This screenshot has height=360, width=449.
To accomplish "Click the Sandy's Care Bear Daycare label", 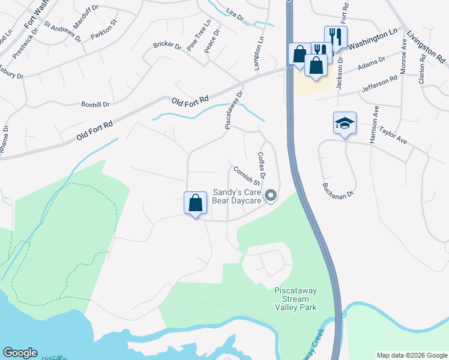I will pos(237,197).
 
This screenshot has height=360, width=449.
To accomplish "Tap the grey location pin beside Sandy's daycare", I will pos(271,196).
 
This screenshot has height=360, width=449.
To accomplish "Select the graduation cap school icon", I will pos(345,123).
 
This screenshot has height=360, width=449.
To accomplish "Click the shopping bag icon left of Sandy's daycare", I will pos(195,202).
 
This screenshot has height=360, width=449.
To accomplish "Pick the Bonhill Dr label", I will pos(95,104).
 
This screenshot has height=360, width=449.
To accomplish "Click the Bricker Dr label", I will pos(167,44).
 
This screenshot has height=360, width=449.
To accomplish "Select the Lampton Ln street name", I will pos(260,55).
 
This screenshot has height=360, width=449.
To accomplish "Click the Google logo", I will pos(20,353).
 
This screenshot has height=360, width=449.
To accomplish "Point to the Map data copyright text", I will pos(412,355).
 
